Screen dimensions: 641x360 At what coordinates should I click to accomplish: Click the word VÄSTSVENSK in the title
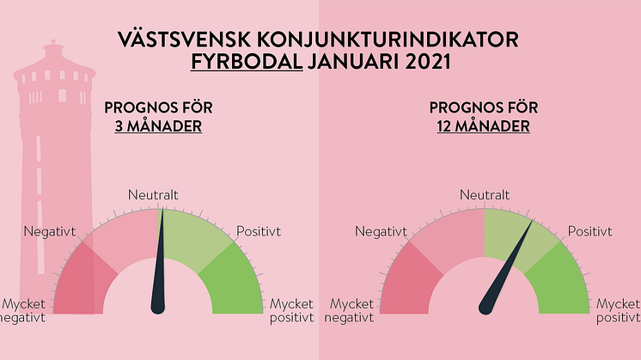point(185,40)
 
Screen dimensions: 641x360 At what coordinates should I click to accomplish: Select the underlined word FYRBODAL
point(247,62)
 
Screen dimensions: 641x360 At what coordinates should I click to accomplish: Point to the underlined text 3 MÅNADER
point(158,126)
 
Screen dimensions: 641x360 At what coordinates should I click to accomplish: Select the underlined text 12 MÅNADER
point(483,126)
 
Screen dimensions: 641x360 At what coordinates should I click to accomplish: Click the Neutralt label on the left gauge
point(153,195)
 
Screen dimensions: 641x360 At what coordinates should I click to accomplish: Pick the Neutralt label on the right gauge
point(485,195)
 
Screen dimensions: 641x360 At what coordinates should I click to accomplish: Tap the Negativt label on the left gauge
point(50,232)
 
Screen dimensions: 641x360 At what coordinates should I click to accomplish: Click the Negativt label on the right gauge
point(381,232)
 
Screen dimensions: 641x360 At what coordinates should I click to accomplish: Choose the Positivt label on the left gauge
point(259,232)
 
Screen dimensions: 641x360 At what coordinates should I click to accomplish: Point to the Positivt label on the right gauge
point(590,232)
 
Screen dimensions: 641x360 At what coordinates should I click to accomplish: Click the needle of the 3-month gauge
point(159,265)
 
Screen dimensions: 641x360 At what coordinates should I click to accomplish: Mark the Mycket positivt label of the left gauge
point(291,311)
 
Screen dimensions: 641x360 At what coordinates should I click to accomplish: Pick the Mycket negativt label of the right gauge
point(349,311)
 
